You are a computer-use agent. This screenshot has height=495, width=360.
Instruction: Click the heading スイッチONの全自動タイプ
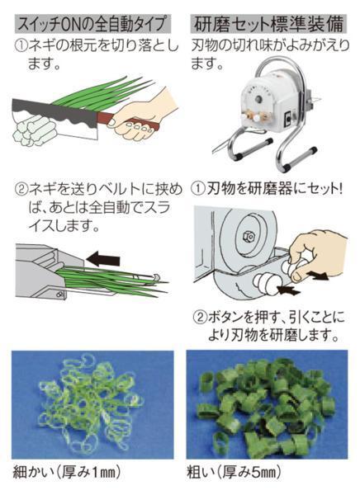click(x=92, y=24)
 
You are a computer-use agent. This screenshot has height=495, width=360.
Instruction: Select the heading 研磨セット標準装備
click(x=268, y=24)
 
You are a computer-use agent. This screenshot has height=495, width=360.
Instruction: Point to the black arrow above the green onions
click(x=103, y=260)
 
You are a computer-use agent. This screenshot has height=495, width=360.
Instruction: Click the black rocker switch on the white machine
click(x=288, y=117)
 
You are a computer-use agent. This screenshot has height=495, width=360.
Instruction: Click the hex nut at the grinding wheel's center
click(x=247, y=235)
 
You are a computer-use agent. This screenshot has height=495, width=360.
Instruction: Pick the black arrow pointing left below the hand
click(x=288, y=289)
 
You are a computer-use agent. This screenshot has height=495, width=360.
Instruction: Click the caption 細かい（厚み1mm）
click(x=67, y=472)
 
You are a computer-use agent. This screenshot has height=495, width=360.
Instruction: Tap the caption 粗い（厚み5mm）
click(x=234, y=472)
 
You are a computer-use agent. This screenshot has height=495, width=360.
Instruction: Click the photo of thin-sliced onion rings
click(x=92, y=405)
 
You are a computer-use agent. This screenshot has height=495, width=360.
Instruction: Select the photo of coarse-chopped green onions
click(x=267, y=405)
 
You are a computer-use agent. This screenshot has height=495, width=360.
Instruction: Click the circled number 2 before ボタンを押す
click(x=201, y=317)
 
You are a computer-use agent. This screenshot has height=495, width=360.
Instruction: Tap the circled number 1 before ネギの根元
click(x=21, y=47)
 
